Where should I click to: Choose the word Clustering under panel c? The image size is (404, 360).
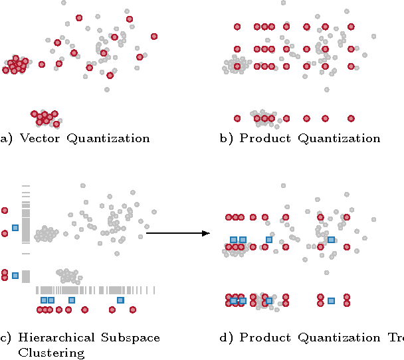[x=51, y=352]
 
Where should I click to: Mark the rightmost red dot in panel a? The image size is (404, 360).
[x=154, y=36]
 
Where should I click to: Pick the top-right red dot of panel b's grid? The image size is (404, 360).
[x=351, y=27]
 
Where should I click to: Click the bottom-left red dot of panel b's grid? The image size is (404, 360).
[x=237, y=118]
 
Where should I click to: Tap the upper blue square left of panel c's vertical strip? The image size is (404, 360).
[x=15, y=228]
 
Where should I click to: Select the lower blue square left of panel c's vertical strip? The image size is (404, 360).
[x=15, y=275]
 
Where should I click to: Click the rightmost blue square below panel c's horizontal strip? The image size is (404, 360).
[x=120, y=300]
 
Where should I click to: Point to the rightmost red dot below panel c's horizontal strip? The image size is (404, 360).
[x=132, y=310]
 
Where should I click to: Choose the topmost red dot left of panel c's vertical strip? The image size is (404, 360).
[x=5, y=211]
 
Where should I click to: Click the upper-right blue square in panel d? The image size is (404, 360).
[x=331, y=240]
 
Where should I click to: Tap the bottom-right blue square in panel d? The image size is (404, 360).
[x=331, y=301]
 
